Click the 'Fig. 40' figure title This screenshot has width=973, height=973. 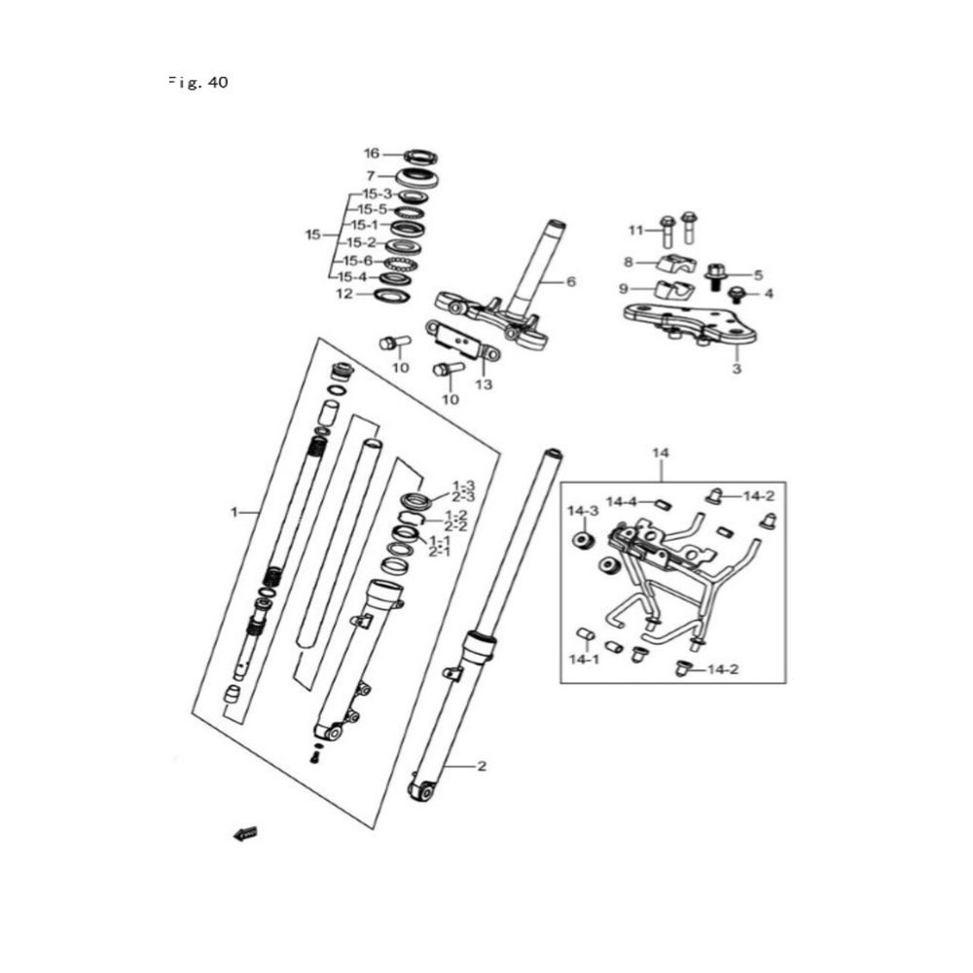pos(198,83)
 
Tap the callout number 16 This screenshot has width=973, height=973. pos(371,154)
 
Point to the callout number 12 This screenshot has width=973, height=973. pos(344,293)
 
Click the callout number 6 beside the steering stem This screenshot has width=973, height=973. pos(571,281)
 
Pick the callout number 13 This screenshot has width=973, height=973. pos(484,384)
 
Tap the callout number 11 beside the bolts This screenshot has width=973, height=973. pos(635,231)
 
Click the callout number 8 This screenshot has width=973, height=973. pos(629,262)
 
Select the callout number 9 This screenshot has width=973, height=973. pos(624,288)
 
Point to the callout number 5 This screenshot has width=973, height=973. pos(759,275)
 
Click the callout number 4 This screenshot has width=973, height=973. pos(768,293)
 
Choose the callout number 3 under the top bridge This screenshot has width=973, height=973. pos(737,370)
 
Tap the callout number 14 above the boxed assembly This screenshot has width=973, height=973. pos(662,453)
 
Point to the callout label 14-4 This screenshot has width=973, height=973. pos(621,502)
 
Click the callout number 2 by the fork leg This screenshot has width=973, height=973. pos(481,766)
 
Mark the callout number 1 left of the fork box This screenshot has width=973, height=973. pos(234,511)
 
